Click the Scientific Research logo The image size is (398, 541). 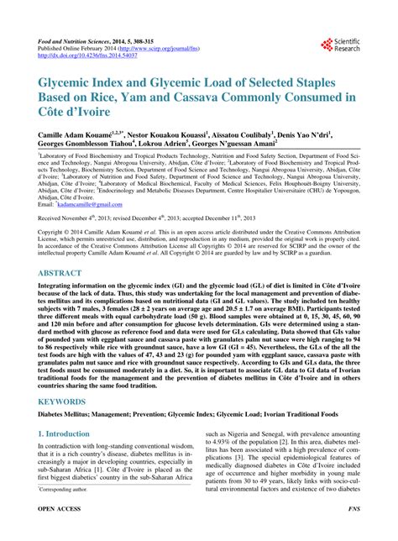click(x=339, y=44)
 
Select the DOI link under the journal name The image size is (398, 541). click(x=83, y=56)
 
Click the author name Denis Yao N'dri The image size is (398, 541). click(x=301, y=134)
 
